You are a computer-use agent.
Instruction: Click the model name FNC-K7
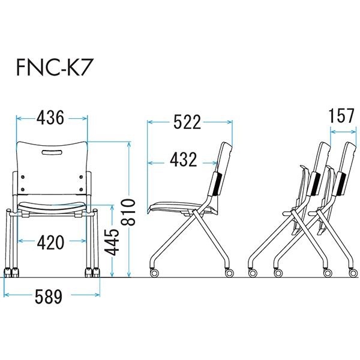point(52,68)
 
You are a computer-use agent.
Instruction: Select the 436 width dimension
point(50,118)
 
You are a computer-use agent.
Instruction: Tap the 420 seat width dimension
point(50,242)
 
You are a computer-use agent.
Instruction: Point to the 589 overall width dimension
point(49,296)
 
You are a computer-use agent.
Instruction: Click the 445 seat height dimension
point(112,242)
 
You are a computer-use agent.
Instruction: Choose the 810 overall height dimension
point(128,212)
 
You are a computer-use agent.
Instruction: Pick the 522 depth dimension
point(187,122)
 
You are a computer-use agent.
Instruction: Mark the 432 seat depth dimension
point(184,160)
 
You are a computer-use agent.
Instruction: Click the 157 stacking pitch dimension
point(341,116)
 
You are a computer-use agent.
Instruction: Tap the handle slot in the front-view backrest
point(52,152)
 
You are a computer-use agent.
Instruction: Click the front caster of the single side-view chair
point(154,272)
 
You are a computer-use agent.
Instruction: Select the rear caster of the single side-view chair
point(229,272)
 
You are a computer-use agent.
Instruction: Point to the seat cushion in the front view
point(52,206)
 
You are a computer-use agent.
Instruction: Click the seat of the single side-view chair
point(181,208)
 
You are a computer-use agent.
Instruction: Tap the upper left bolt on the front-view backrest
point(23,177)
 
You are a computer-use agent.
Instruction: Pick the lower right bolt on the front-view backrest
point(81,190)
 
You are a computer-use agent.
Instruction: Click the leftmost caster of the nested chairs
point(253,272)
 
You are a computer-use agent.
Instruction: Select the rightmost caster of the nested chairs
point(353,272)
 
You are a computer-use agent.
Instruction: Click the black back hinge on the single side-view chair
point(217,184)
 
